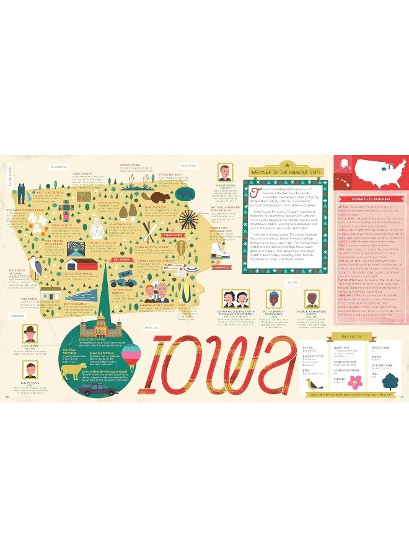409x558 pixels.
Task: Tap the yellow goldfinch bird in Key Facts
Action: (x=311, y=386)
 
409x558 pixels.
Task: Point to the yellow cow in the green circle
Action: (x=73, y=372)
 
